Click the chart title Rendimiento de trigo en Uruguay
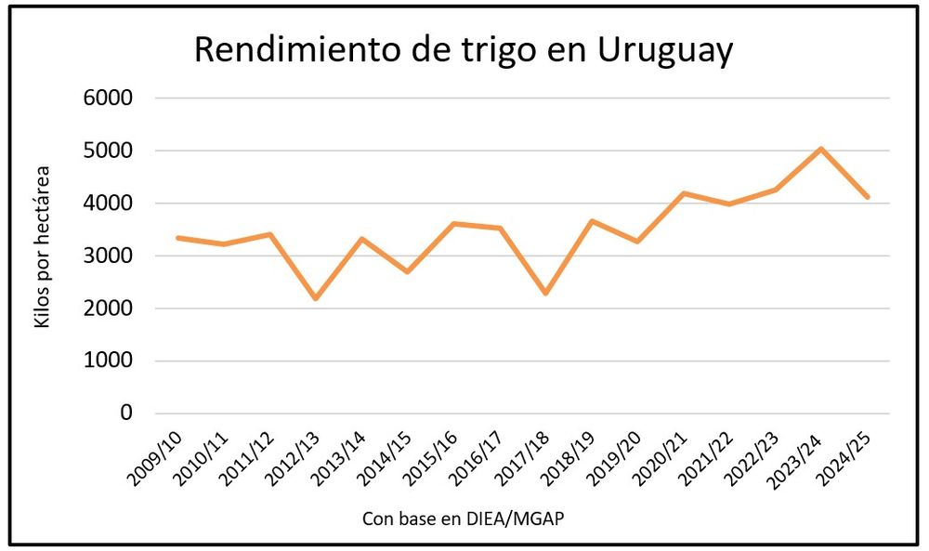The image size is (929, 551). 463,50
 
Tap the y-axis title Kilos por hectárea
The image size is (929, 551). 41,245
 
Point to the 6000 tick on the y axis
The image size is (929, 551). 108,98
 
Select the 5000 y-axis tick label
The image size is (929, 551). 108,151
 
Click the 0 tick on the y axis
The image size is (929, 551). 127,413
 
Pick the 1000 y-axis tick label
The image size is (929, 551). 108,361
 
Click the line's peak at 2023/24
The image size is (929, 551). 821,149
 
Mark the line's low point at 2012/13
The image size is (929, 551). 315,298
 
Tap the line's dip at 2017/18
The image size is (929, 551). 545,294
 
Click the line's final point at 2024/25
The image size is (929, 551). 868,197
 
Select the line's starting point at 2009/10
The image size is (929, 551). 177,238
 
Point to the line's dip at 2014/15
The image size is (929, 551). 407,271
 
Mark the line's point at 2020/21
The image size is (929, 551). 684,193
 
